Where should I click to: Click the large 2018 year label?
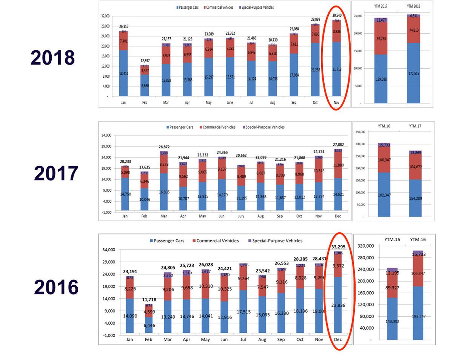pos(53,58)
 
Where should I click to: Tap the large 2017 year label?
pos(56,173)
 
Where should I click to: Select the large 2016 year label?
pos(56,288)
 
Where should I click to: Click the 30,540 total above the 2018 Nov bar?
pos(336,15)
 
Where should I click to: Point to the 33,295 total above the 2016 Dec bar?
pos(338,247)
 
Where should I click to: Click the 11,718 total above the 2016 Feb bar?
pos(149,300)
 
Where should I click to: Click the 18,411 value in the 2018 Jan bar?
pos(124,84)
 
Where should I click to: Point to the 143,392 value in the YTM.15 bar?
pos(393,321)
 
